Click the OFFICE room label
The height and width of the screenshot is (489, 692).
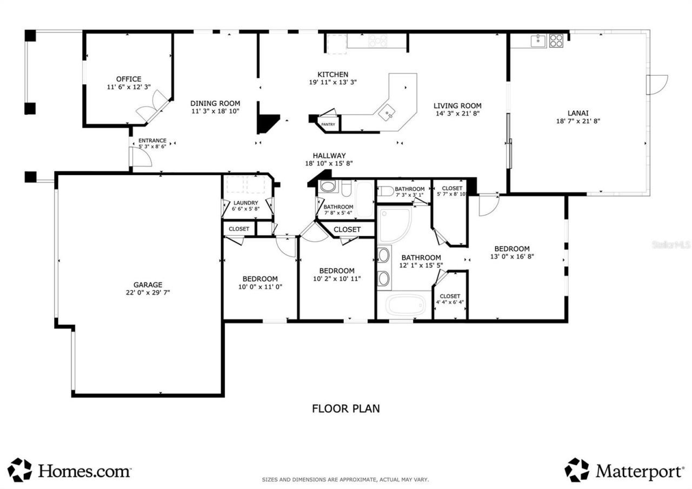pos(128,79)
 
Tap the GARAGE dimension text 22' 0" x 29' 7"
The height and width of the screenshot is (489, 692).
pos(148,293)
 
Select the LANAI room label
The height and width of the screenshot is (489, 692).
pos(577,113)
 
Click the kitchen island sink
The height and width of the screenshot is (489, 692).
pos(387,114)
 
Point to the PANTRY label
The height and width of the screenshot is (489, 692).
pos(328,124)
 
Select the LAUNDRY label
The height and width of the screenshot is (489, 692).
pos(245,203)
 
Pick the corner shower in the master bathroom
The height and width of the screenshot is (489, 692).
pos(394,224)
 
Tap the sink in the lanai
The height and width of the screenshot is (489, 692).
pos(538,41)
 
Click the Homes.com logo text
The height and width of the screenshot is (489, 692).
pos(84,471)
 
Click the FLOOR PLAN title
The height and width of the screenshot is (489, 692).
pos(345,408)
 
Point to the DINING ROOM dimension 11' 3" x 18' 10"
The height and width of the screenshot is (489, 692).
pos(215,111)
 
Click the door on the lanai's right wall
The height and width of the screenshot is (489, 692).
pos(656,85)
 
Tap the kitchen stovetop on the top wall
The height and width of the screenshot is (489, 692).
pos(377,41)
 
